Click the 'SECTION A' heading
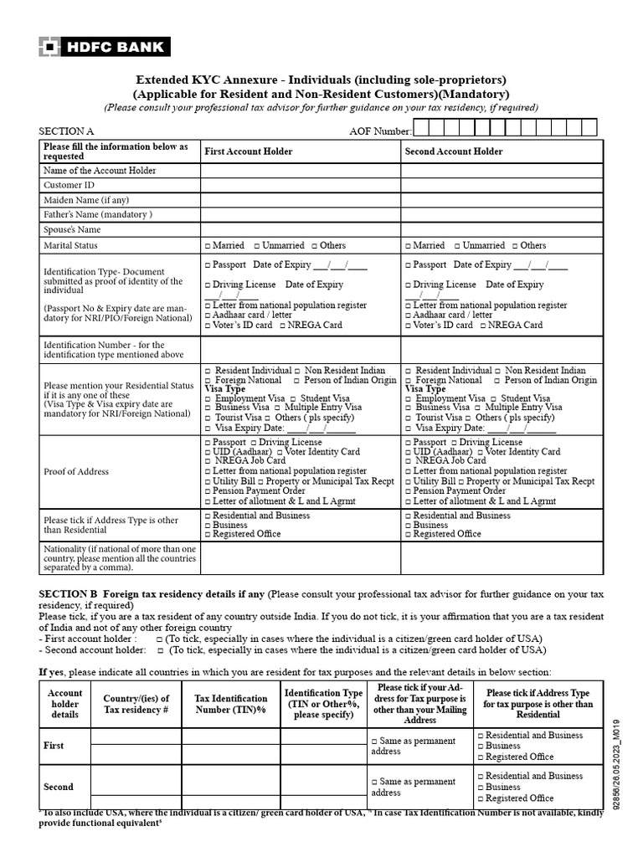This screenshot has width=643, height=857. [x=67, y=131]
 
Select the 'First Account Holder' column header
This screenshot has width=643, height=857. [x=248, y=151]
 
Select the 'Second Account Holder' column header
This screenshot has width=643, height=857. [x=454, y=151]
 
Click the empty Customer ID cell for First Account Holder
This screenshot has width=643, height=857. [x=300, y=185]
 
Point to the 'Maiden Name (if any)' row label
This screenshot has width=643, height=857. [x=86, y=200]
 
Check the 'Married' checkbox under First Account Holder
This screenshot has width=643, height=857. [x=208, y=246]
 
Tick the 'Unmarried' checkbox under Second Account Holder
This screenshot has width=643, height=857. [x=457, y=246]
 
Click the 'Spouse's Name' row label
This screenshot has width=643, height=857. [x=72, y=229]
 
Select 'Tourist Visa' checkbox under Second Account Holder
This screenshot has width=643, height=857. [x=409, y=418]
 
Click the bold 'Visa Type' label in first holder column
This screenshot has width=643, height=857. [x=224, y=389]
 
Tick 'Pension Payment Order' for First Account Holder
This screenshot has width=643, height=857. [x=208, y=491]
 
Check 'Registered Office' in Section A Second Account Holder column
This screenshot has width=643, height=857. [x=409, y=534]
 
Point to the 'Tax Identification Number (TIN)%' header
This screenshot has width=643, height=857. [x=230, y=704]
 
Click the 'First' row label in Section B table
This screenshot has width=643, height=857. [x=54, y=745]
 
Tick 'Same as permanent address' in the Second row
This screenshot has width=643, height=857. [x=374, y=782]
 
